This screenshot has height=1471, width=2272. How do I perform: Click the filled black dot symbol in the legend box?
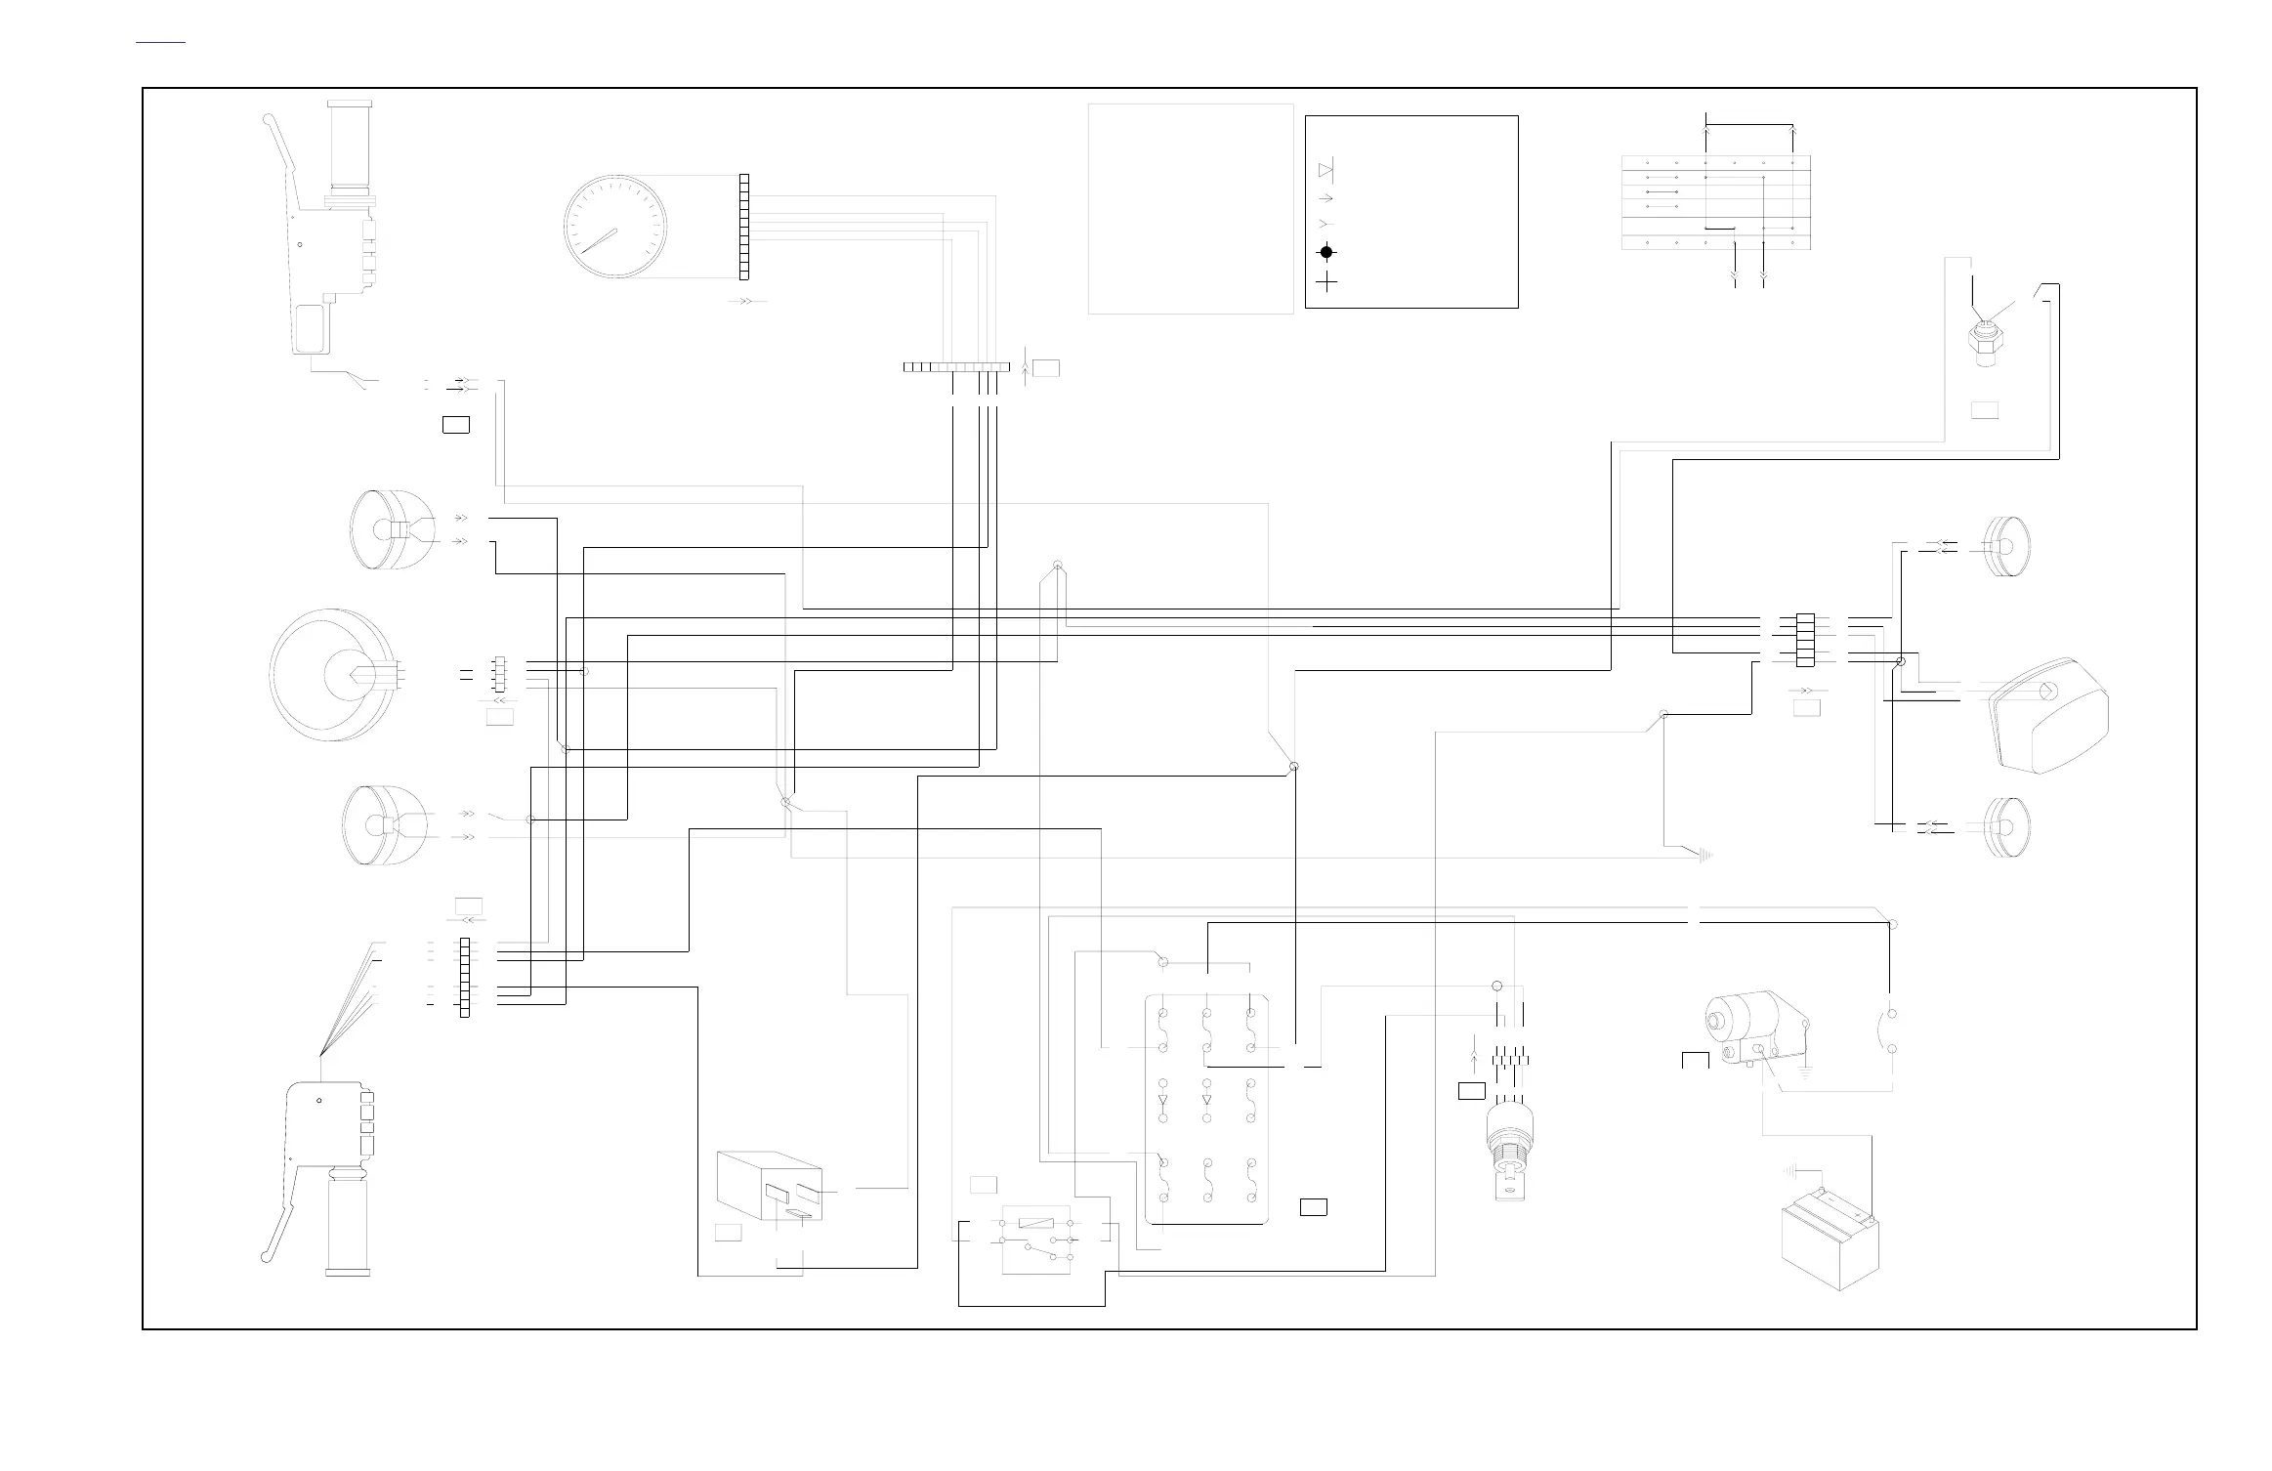click(1326, 252)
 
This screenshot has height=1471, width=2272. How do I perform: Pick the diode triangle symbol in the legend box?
click(1325, 171)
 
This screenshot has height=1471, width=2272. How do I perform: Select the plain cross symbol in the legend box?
click(1326, 282)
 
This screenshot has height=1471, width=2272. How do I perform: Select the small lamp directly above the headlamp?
click(389, 528)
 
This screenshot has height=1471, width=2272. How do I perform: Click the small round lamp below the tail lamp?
click(2006, 828)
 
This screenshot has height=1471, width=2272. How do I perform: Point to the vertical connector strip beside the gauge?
click(744, 226)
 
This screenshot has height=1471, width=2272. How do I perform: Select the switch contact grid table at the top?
click(1715, 202)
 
